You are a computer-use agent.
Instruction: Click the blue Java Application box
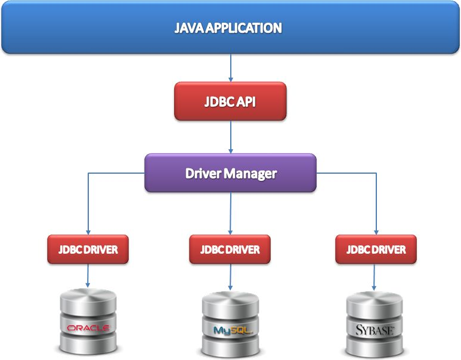tap(230, 27)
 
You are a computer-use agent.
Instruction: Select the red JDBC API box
tap(230, 101)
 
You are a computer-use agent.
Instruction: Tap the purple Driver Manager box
tap(230, 173)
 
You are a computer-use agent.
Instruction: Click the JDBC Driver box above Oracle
tap(88, 249)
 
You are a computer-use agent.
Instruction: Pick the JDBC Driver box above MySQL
tap(230, 249)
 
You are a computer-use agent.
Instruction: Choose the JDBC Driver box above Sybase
tap(376, 249)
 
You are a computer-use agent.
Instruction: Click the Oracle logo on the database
tap(88, 328)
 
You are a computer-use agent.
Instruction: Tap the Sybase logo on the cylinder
tap(375, 330)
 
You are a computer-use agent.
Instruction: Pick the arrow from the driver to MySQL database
tap(230, 276)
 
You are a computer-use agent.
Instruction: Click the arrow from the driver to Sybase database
tap(375, 276)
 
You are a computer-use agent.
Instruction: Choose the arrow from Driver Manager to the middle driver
tap(230, 213)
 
